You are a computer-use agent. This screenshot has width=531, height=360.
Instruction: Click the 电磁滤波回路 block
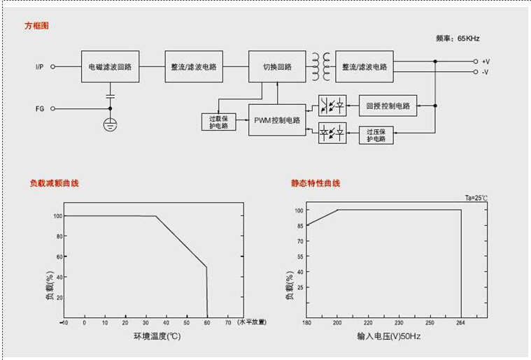(x=110, y=66)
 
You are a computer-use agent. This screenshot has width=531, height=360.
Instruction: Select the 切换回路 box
(x=277, y=66)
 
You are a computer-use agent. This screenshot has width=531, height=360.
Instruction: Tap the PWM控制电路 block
(x=277, y=120)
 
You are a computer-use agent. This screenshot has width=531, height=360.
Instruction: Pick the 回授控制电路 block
(x=388, y=106)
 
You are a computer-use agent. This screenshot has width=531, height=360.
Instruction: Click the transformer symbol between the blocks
(x=320, y=66)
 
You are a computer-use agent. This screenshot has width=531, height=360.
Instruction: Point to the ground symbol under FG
(x=110, y=124)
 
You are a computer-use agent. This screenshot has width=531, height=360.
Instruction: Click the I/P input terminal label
(x=40, y=67)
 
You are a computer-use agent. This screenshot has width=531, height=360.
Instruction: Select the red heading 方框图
(x=37, y=25)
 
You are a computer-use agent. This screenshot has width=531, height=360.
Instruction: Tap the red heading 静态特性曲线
(x=316, y=183)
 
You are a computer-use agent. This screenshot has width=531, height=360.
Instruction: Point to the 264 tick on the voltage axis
(x=461, y=323)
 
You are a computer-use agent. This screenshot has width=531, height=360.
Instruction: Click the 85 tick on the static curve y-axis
(x=299, y=225)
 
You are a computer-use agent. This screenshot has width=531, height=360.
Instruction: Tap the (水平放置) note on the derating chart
(x=252, y=322)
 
